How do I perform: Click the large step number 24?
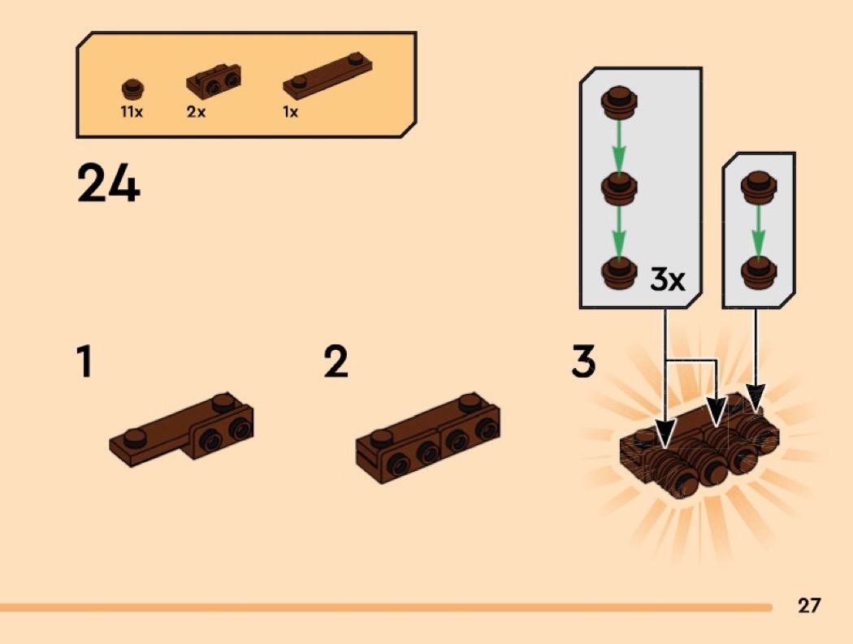109,184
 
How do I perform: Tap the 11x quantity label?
132,112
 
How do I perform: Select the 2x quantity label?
197,112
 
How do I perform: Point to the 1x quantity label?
291,112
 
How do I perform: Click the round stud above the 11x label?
132,88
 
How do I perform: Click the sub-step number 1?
83,362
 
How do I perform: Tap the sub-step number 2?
336,362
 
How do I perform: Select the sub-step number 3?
583,362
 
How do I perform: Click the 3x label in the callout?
668,280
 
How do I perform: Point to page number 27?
808,605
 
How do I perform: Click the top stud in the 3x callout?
619,103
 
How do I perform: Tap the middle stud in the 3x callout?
619,189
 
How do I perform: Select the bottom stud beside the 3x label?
619,272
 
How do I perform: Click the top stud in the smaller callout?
758,186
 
